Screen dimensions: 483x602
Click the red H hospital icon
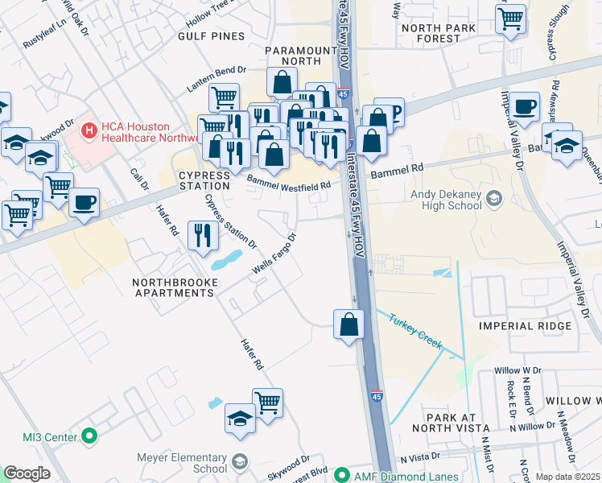(x=89, y=128)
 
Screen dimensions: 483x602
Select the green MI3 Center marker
(x=89, y=437)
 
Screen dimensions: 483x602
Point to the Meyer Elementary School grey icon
(x=239, y=460)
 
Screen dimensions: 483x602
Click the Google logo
(x=27, y=473)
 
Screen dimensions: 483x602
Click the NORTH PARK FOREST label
(x=440, y=36)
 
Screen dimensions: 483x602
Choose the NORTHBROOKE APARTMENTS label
(x=174, y=287)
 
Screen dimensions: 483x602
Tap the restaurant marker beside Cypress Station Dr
(x=202, y=235)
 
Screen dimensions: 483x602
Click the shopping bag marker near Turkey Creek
(x=349, y=324)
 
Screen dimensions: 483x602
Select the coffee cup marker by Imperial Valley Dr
(x=525, y=106)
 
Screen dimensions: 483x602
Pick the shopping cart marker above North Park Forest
(x=511, y=18)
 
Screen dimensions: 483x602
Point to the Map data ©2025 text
(x=567, y=476)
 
